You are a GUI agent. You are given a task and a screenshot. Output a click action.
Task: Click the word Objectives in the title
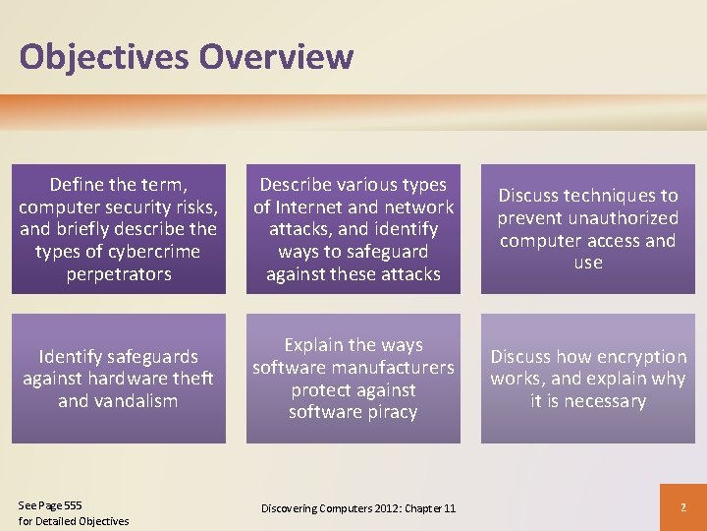(x=104, y=57)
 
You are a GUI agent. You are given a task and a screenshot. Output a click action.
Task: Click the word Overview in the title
(x=276, y=57)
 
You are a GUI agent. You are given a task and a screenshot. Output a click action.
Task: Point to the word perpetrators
(x=118, y=274)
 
